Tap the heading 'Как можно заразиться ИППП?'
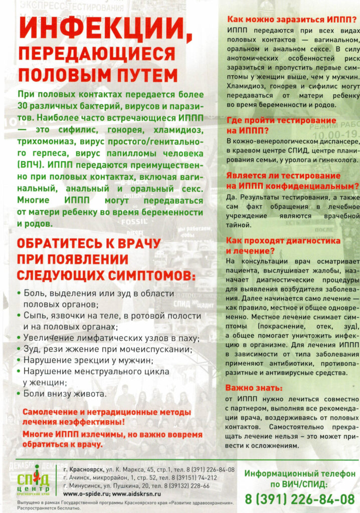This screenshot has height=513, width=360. coord(292,20)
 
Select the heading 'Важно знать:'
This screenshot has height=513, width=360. coord(254,387)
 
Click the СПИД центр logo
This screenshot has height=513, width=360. coord(34,480)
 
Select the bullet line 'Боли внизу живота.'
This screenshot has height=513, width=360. coord(65,394)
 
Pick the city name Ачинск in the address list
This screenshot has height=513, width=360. coord(82,477)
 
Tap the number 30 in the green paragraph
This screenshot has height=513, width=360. coord(24,106)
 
